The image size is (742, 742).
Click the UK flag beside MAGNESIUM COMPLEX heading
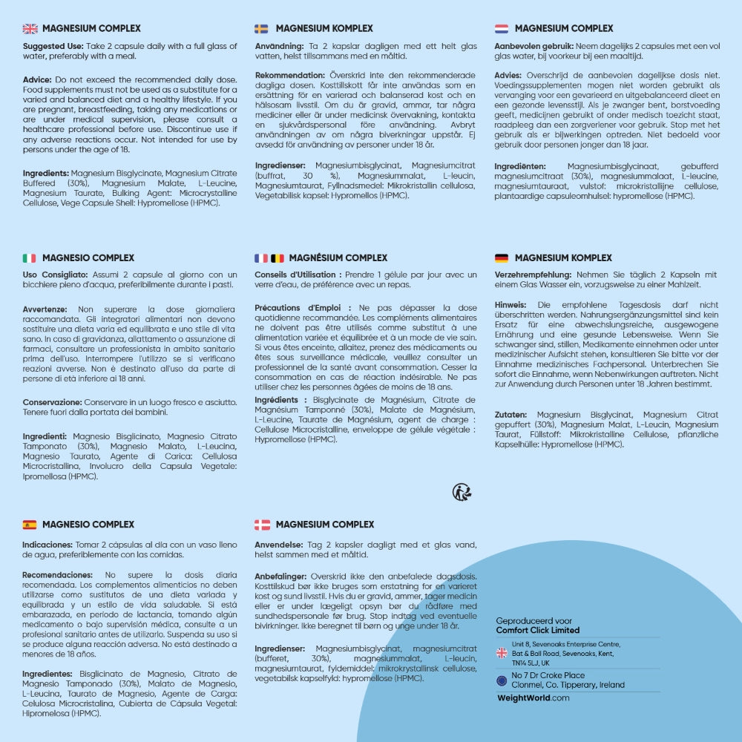tap(30, 29)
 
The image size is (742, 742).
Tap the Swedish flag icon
tap(262, 29)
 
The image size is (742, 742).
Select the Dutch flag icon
tap(502, 29)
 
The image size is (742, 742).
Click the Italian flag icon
tap(29, 258)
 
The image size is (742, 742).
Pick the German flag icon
tap(502, 258)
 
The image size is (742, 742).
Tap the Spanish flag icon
tap(30, 525)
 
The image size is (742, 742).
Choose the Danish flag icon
tap(262, 525)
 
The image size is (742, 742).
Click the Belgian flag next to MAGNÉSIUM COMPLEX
tap(278, 258)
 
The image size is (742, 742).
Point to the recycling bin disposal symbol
tap(462, 491)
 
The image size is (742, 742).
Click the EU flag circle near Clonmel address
tap(502, 680)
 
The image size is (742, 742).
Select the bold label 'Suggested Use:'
tap(53, 46)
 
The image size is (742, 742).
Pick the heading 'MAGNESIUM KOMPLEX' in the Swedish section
tap(324, 29)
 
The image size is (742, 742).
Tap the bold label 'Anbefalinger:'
tap(281, 577)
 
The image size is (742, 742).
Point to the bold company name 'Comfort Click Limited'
tap(538, 630)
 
